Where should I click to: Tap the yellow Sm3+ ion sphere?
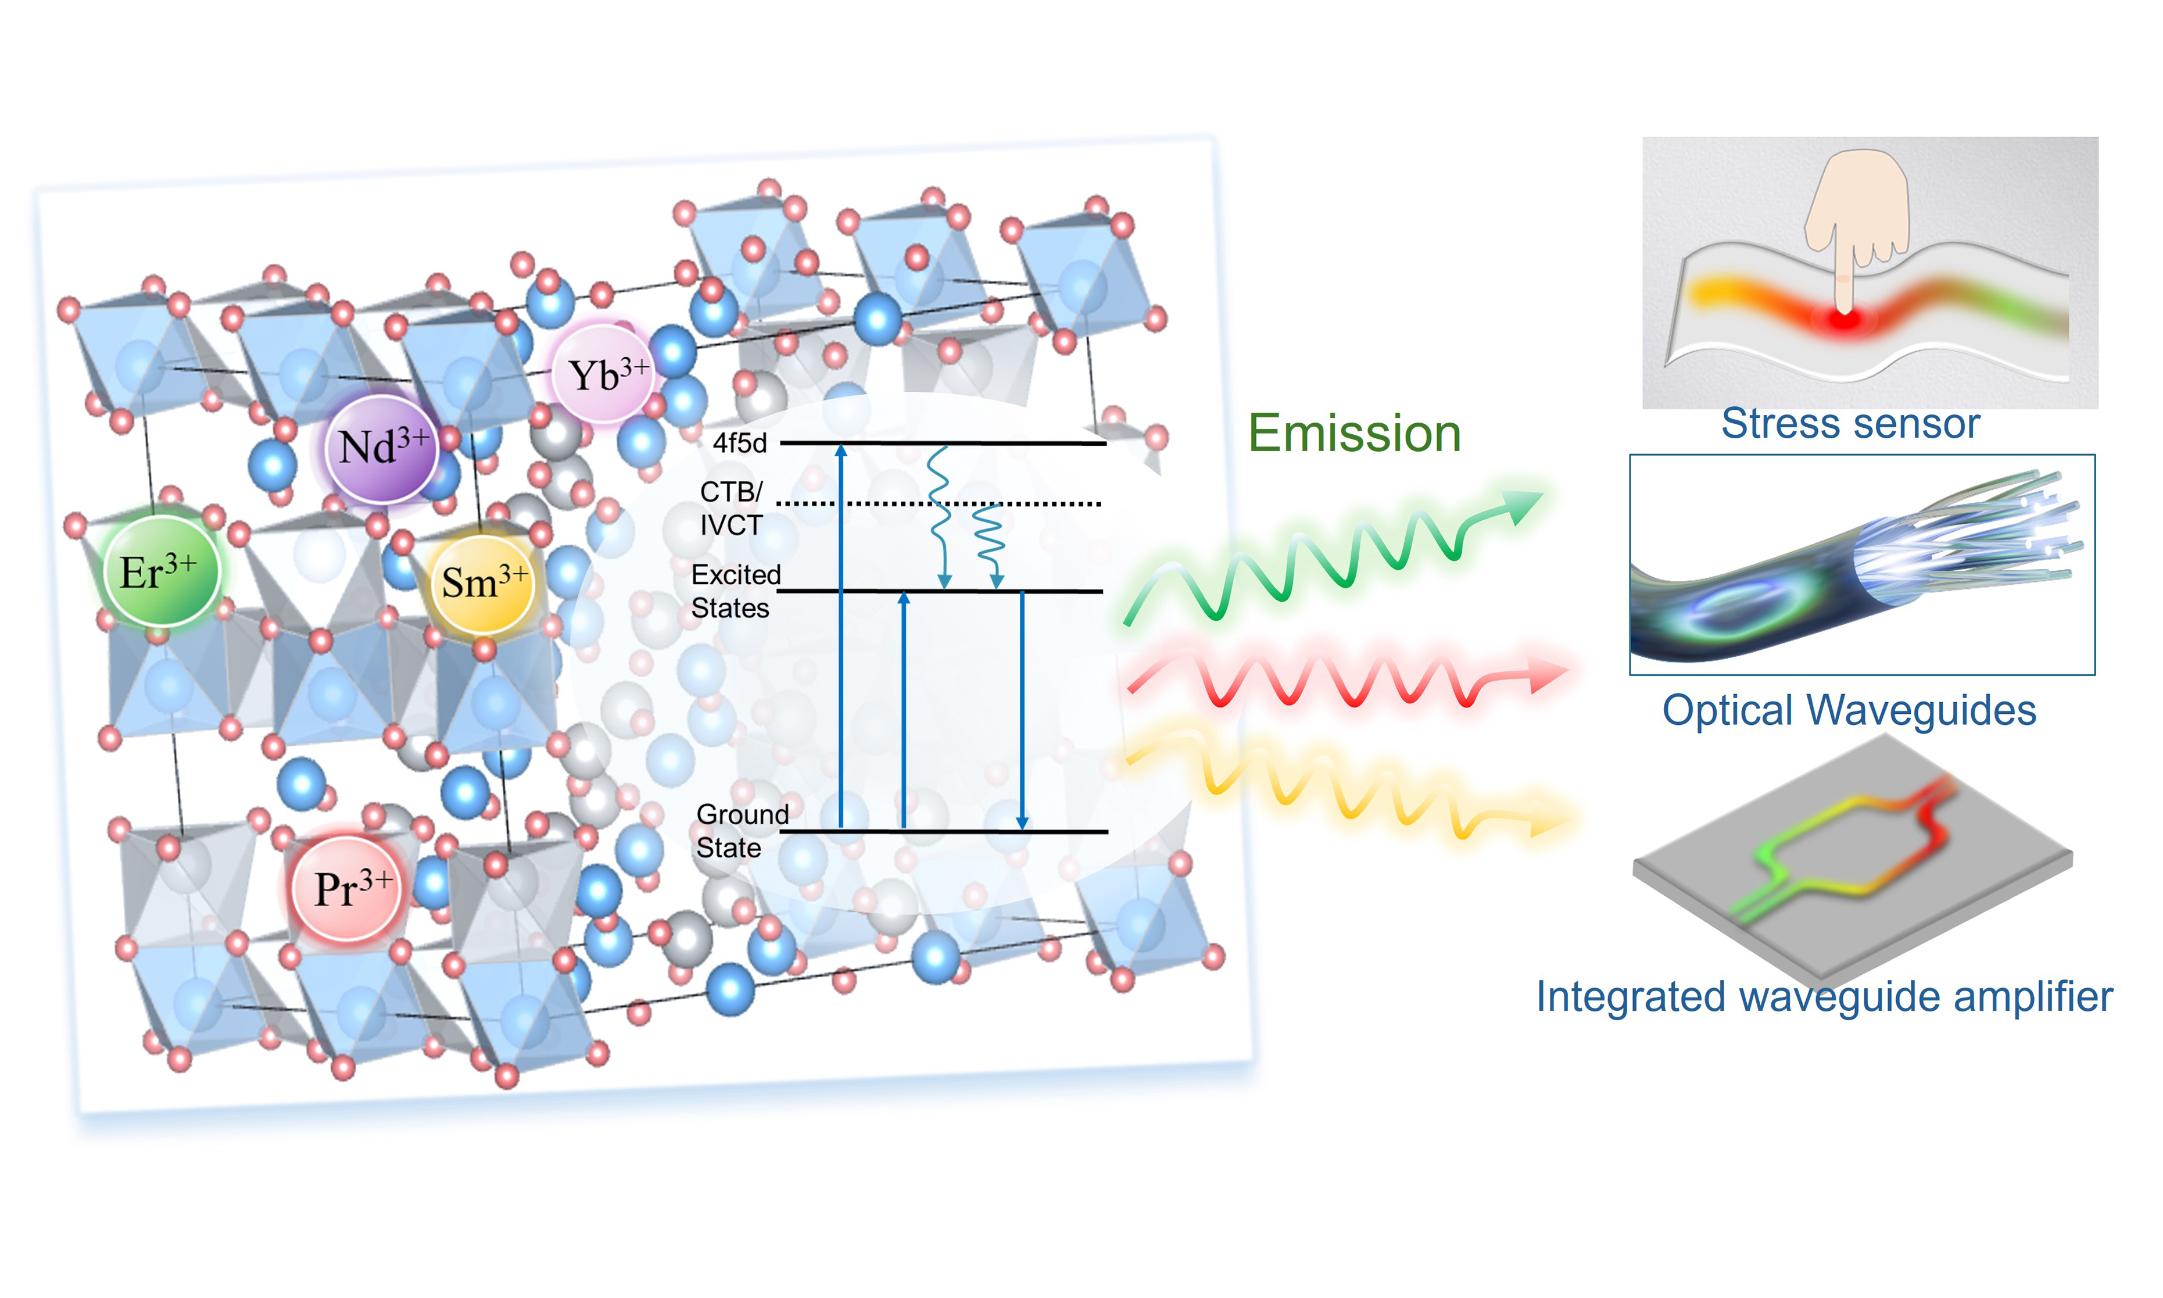point(482,584)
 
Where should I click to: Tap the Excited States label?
point(735,591)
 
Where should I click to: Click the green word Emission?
point(1354,434)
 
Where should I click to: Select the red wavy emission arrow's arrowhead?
point(1550,674)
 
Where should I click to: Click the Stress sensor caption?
point(1850,425)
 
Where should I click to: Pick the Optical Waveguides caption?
point(1849,710)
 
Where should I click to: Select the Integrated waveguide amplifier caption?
point(1824,997)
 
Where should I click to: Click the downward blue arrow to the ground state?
point(1022,709)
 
